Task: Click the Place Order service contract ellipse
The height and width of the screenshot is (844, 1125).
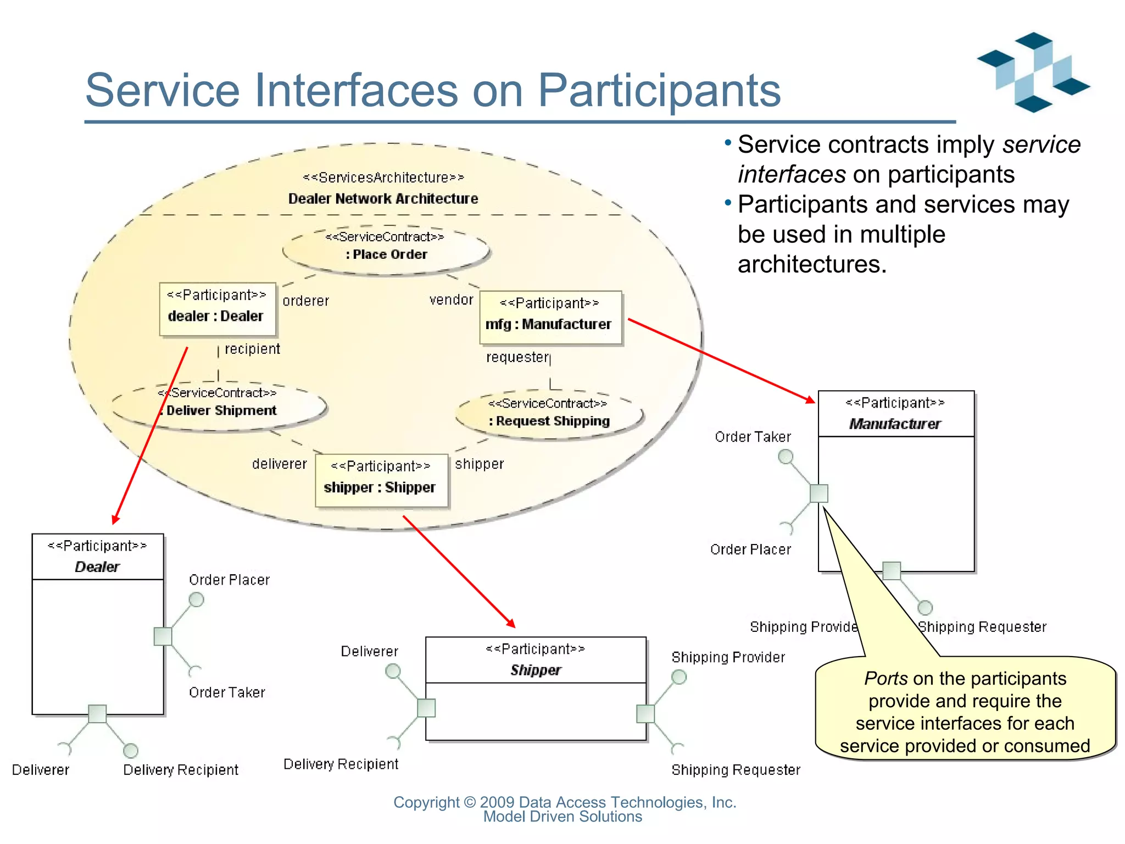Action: [x=386, y=250]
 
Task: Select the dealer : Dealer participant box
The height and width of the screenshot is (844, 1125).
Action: [x=217, y=309]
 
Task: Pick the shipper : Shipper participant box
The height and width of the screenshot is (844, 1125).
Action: [x=381, y=480]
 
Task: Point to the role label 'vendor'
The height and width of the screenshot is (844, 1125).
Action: [x=451, y=300]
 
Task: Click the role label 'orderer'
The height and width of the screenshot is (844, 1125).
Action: [x=306, y=301]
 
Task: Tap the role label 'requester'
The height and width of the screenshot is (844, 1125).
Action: [x=517, y=358]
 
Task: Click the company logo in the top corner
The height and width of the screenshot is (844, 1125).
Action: [x=1033, y=73]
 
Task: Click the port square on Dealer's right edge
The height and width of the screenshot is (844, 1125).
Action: [x=163, y=636]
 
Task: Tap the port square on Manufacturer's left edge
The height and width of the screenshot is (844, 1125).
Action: [x=818, y=493]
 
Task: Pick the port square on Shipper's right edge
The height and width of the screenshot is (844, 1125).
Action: [x=645, y=714]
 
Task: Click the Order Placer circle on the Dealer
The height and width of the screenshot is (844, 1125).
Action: [x=196, y=599]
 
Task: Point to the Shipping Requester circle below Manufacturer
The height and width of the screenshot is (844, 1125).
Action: [x=925, y=607]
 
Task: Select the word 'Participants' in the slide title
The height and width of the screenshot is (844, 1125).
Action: [x=659, y=91]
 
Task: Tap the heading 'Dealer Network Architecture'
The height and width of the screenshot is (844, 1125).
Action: [x=383, y=198]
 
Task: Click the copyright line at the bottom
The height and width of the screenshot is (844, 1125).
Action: [x=564, y=802]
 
